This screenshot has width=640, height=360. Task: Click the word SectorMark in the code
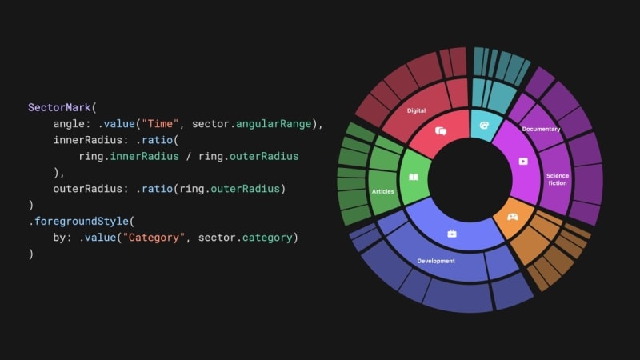click(x=59, y=107)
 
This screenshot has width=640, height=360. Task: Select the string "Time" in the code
click(x=160, y=124)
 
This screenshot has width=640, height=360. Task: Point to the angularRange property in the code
click(x=274, y=124)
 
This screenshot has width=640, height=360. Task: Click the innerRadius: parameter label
click(x=88, y=140)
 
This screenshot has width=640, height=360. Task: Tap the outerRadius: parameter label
click(x=88, y=189)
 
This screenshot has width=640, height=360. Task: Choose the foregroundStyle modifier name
click(x=82, y=222)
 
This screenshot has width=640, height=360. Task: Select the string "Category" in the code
click(x=154, y=238)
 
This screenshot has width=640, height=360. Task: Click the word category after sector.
click(x=267, y=238)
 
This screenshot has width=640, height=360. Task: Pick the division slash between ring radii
click(x=189, y=156)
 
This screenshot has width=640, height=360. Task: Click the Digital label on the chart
click(x=416, y=110)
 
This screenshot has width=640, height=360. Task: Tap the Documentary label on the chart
click(x=541, y=129)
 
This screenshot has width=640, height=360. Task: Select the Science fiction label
click(x=558, y=179)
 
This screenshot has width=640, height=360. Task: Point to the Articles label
click(x=383, y=191)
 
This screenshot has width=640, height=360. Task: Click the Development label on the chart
click(x=436, y=261)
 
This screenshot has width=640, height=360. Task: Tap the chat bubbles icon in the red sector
click(x=441, y=131)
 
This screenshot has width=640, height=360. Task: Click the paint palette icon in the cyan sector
click(x=484, y=126)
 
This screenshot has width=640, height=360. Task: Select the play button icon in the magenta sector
click(x=523, y=162)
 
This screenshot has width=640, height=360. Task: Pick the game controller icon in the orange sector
click(x=513, y=217)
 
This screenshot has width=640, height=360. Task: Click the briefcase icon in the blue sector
click(x=452, y=234)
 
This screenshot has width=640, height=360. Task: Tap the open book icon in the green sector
click(x=414, y=177)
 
